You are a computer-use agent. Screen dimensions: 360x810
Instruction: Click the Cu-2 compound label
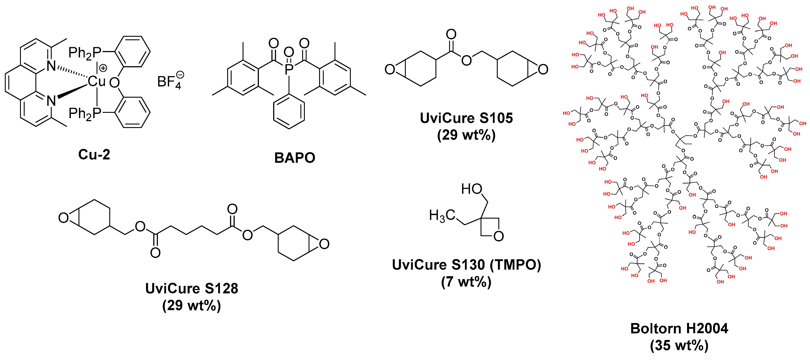[94, 155]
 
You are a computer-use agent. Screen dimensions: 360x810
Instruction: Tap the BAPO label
[295, 158]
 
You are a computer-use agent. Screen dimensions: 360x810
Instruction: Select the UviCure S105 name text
[466, 118]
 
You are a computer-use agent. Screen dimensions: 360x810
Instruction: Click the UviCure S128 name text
[192, 289]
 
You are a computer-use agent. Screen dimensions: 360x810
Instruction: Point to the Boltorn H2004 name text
[679, 329]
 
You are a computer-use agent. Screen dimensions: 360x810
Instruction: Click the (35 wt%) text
[679, 345]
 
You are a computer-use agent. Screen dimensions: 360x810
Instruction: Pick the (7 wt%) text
[466, 282]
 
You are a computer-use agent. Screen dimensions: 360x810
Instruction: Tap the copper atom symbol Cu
[97, 81]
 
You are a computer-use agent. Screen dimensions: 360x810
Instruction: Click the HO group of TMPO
[472, 189]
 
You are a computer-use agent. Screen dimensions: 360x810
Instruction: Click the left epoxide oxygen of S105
[390, 69]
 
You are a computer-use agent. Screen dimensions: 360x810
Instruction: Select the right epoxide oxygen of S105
[543, 69]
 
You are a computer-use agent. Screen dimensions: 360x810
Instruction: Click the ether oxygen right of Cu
[114, 83]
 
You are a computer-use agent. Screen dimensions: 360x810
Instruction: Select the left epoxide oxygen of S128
[64, 217]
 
